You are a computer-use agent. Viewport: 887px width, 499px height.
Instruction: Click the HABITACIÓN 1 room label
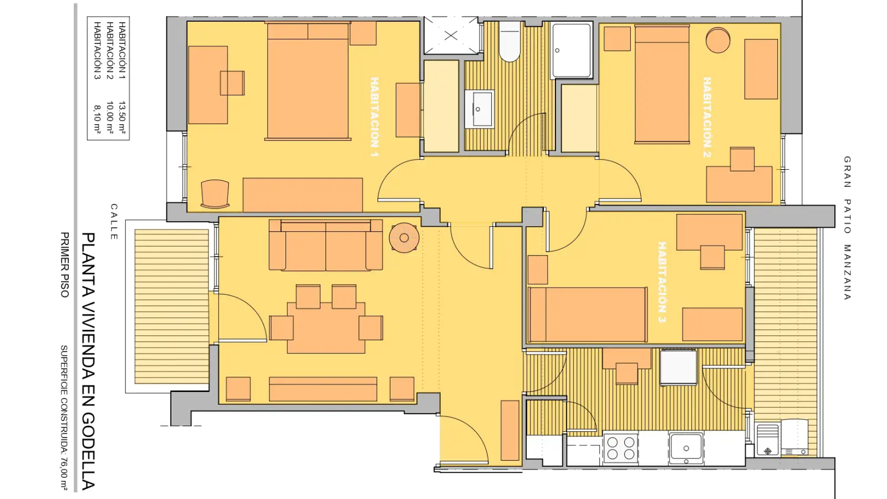[x=374, y=117]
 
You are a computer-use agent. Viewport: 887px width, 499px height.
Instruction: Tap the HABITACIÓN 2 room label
[x=707, y=117]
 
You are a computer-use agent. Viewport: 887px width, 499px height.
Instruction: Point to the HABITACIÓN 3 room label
[x=662, y=282]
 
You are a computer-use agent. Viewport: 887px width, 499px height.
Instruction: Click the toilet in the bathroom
[x=509, y=41]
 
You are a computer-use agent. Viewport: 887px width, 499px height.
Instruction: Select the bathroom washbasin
[x=479, y=109]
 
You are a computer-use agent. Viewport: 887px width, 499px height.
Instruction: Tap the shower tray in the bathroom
[x=572, y=50]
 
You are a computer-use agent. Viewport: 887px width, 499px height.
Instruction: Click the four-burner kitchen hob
[x=620, y=448]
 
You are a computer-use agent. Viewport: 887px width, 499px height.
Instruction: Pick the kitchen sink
[x=686, y=448]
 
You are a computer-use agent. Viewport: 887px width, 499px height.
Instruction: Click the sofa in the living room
[x=325, y=245]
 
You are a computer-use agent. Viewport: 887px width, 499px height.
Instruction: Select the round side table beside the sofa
[x=404, y=238]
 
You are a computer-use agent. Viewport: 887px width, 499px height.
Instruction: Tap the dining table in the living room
[x=326, y=328]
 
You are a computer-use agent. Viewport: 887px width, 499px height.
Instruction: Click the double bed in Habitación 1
[x=308, y=81]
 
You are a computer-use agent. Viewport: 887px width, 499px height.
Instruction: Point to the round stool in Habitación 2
[x=718, y=40]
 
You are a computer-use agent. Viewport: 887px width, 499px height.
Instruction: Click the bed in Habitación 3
[x=588, y=314]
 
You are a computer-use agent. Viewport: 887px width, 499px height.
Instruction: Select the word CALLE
[x=114, y=222]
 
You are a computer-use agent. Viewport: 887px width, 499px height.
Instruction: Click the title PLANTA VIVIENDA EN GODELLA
[x=88, y=361]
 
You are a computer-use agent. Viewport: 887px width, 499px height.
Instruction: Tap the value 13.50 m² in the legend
[x=122, y=117]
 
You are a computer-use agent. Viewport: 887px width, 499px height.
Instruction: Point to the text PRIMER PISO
[x=64, y=264]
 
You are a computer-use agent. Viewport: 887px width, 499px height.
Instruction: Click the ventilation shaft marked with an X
[x=451, y=35]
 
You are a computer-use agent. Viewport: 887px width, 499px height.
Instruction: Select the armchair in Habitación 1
[x=215, y=194]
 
